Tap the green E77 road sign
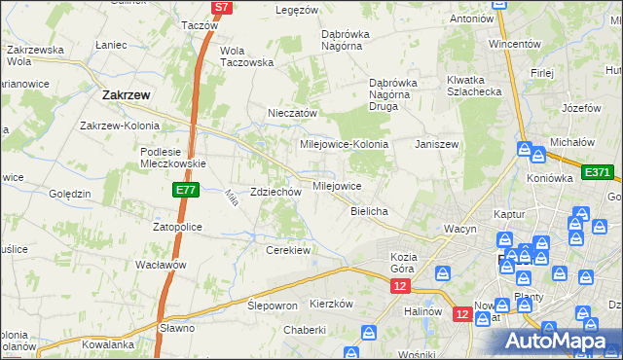(187, 191)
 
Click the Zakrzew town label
(125, 95)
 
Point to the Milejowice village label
(337, 185)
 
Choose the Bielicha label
(370, 211)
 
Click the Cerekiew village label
(288, 250)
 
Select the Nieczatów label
(293, 113)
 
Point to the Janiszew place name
(436, 143)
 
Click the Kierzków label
(330, 304)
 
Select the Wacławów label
(162, 265)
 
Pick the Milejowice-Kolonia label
(344, 144)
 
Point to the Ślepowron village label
(273, 305)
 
